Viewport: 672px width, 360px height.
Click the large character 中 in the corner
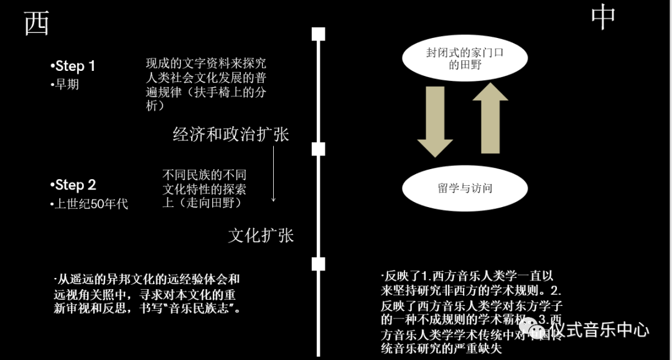point(603,17)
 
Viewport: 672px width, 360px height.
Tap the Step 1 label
point(73,66)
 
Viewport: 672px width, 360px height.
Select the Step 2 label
point(73,185)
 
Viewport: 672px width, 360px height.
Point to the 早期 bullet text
point(65,85)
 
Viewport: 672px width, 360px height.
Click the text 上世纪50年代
point(90,203)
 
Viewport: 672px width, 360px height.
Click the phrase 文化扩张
point(261,235)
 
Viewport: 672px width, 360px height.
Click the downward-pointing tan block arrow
point(435,121)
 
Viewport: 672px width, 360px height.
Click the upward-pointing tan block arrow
point(490,118)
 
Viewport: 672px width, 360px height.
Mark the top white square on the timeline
point(319,34)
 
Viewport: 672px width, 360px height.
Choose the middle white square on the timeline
point(319,149)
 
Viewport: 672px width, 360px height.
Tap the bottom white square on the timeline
point(319,264)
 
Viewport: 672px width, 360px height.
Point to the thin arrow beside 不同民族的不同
point(273,183)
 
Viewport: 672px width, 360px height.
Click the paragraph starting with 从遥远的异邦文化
point(147,293)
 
